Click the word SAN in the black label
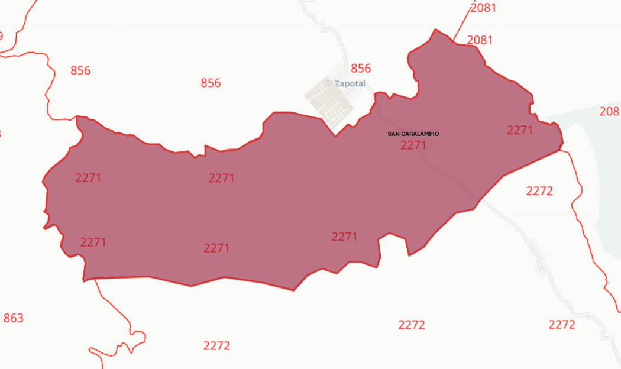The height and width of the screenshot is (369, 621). (x=393, y=134)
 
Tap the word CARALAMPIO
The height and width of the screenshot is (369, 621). (x=420, y=134)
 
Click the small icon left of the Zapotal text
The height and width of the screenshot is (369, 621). (x=329, y=84)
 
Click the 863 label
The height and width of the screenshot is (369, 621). (x=14, y=318)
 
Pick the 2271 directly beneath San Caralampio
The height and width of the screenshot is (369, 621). (x=413, y=145)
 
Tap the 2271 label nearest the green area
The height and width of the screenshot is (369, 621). (x=520, y=130)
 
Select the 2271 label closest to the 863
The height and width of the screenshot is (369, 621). (x=93, y=242)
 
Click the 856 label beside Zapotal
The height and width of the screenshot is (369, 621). (x=361, y=68)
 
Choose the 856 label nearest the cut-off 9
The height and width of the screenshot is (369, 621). (x=80, y=71)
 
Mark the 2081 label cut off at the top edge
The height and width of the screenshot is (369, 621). (x=483, y=8)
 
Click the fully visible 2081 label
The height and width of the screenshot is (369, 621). (x=480, y=40)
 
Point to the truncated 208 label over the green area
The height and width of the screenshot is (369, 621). (x=610, y=111)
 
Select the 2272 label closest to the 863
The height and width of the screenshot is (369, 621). (x=216, y=345)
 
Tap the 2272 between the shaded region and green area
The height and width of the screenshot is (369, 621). (x=539, y=191)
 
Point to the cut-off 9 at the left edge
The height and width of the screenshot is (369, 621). (x=1, y=36)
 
